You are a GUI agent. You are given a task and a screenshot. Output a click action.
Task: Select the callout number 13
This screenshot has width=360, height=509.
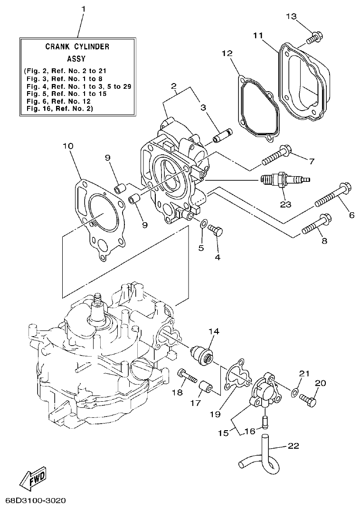[x=291, y=17]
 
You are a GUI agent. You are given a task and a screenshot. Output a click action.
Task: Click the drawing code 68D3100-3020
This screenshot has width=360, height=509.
[x=36, y=501]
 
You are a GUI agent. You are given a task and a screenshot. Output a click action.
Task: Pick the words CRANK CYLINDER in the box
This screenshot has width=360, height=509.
[x=77, y=47]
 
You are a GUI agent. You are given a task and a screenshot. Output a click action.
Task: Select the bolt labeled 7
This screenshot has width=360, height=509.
[x=276, y=154]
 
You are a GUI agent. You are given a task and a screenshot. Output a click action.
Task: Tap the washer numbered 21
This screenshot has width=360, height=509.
[x=295, y=392]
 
